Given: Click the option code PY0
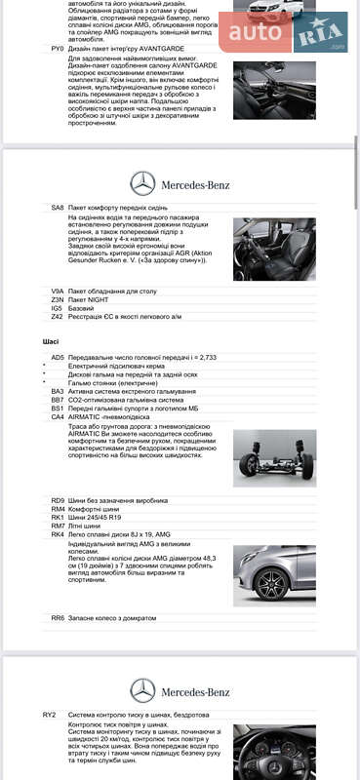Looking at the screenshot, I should (57, 47).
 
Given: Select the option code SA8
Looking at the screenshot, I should (57, 208).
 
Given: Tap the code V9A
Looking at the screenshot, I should (57, 292).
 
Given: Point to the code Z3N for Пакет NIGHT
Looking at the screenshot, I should (57, 300).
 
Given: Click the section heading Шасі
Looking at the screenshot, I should (51, 342).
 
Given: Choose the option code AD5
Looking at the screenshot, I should (58, 358).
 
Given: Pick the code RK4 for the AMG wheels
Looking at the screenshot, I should (58, 534).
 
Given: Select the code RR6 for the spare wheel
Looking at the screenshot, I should (58, 617).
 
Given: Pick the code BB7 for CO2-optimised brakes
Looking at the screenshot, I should (58, 400).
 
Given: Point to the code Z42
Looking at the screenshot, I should (57, 317).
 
